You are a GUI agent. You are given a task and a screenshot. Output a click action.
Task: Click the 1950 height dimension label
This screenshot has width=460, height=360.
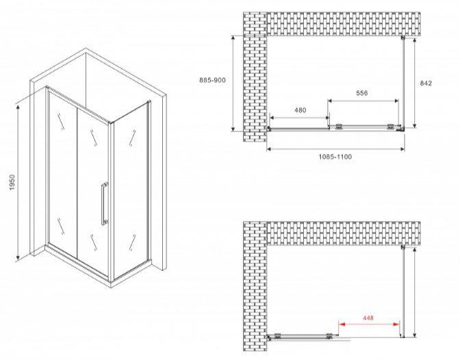[x=12, y=182]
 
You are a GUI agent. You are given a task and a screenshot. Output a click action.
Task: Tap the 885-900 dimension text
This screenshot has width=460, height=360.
[x=212, y=80]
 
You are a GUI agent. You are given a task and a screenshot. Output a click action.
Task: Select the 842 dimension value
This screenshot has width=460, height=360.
[x=426, y=83]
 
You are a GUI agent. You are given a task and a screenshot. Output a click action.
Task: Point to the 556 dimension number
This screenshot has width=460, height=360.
[x=361, y=93]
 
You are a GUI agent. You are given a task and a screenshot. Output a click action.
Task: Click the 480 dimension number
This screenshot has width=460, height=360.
[x=300, y=110]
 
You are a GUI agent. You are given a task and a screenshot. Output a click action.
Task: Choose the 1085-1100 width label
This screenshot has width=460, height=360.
[x=335, y=157]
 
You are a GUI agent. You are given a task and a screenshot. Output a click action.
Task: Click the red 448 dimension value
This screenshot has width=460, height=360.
[x=368, y=318]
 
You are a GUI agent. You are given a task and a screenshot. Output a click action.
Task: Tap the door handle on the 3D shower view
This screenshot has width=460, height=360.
[x=104, y=204]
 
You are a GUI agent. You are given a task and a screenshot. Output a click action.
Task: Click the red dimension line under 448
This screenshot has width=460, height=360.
[x=369, y=324]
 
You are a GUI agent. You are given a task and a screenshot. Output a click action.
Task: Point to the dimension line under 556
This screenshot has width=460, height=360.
[x=363, y=101]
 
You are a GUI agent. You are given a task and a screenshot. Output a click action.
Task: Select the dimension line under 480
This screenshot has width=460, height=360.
[x=299, y=118]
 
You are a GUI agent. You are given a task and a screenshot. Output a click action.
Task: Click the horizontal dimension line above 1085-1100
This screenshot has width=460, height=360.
[x=335, y=149]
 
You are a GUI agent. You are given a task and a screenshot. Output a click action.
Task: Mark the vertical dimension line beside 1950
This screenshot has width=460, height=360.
[x=18, y=182]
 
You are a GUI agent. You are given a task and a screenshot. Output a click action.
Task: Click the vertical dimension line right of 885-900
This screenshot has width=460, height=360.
[x=233, y=83]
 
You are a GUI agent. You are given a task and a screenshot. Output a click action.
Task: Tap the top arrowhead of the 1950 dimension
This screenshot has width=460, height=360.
[x=18, y=107]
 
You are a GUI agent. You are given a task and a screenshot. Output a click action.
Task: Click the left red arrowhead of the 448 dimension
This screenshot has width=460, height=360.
[x=342, y=324]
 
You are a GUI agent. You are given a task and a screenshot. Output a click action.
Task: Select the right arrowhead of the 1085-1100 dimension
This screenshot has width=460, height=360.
[x=402, y=149]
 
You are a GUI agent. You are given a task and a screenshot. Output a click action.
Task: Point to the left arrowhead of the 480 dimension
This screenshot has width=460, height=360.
[x=272, y=118]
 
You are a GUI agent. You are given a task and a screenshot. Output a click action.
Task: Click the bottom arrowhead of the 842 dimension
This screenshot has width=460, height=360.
[x=415, y=125]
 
